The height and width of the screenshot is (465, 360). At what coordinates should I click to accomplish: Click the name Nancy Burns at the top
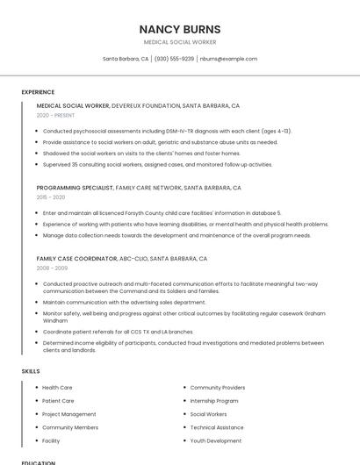[x=180, y=29]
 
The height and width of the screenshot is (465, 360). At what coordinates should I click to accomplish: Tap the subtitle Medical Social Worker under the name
[x=180, y=42]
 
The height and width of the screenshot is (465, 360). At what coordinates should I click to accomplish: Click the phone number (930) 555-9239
[x=174, y=59]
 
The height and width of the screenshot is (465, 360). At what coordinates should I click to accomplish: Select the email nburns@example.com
[x=228, y=59]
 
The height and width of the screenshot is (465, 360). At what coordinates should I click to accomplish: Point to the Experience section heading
[x=38, y=92]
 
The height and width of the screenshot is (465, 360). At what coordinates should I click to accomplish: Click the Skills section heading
[x=31, y=371]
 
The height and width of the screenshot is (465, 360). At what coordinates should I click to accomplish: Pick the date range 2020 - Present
[x=56, y=115]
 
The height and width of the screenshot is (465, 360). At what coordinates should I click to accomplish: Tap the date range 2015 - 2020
[x=50, y=197]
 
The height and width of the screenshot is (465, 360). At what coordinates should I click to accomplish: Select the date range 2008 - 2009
[x=51, y=268]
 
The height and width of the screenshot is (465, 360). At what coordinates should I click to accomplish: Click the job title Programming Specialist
[x=74, y=188]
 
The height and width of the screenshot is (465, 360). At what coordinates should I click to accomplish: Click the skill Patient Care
[x=58, y=401]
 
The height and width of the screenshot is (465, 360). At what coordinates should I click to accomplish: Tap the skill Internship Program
[x=214, y=401]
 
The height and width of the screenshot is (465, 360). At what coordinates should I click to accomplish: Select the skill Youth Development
[x=216, y=440]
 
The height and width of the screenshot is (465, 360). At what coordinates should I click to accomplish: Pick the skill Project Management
[x=68, y=414]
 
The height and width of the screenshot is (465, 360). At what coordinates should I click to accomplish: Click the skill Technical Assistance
[x=217, y=427]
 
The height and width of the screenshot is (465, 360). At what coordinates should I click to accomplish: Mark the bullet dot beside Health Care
[x=36, y=387]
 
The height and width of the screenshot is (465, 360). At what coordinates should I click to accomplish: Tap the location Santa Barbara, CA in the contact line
[x=126, y=59]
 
